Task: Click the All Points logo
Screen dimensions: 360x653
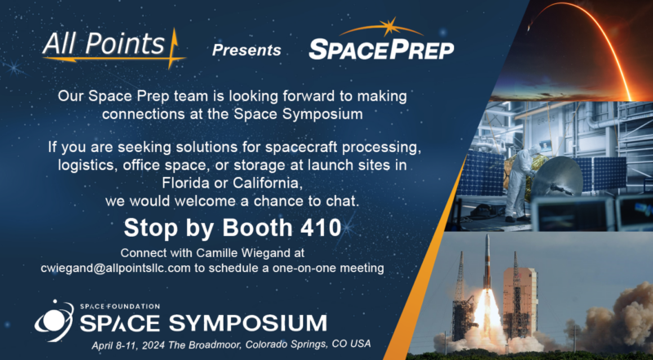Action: (x=114, y=45)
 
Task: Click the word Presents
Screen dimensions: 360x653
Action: (x=247, y=51)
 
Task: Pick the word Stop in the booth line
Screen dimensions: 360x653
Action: (x=145, y=226)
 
